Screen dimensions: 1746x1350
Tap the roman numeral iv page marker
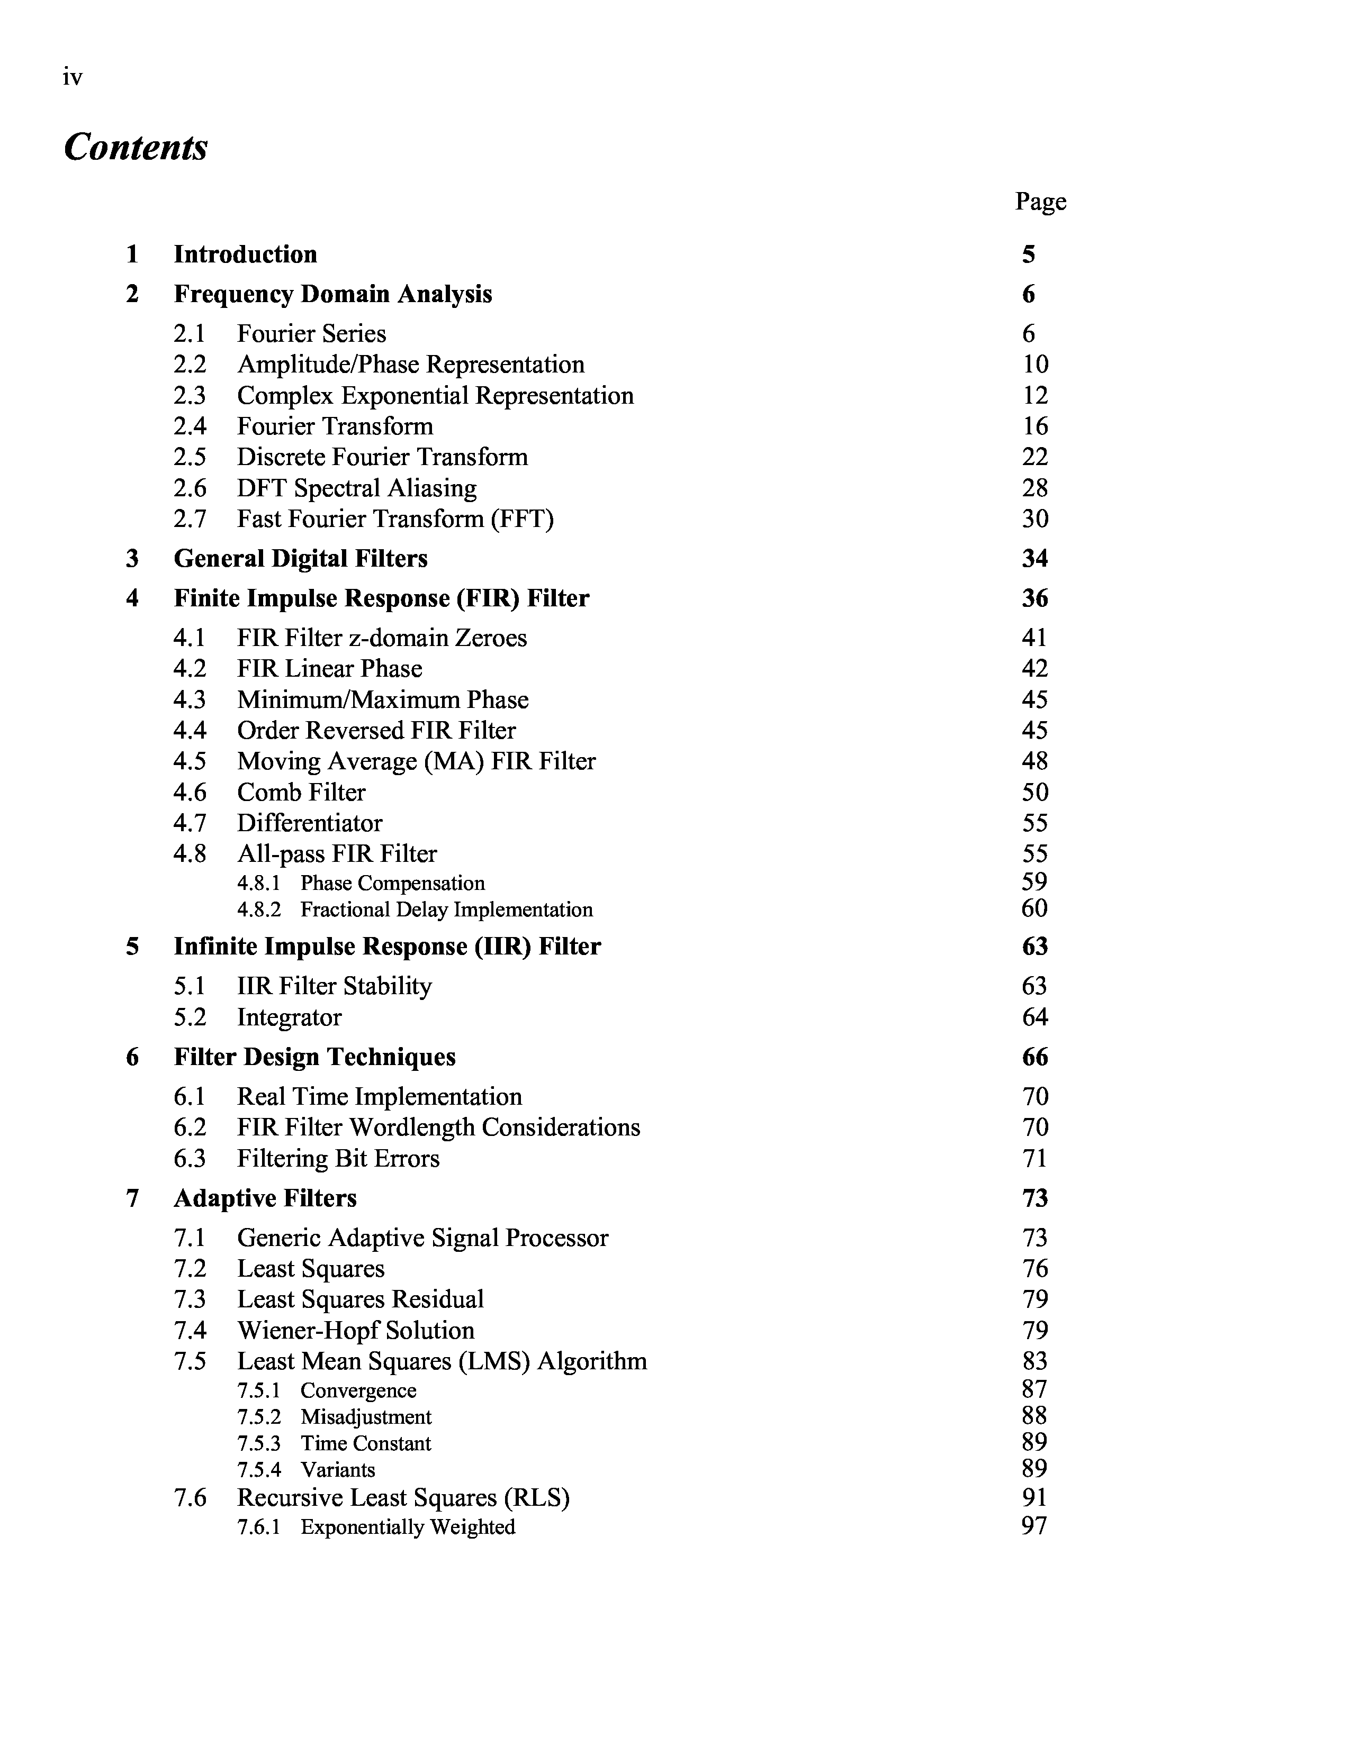tap(72, 78)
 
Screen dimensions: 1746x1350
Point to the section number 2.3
tap(190, 396)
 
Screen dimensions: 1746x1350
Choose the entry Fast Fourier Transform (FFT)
tap(395, 519)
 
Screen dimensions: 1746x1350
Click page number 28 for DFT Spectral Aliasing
tap(1035, 488)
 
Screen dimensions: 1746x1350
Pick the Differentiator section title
tap(310, 823)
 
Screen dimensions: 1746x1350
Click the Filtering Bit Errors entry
tap(338, 1158)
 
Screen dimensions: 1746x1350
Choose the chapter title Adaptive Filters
tap(265, 1197)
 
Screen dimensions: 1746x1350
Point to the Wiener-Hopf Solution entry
tap(355, 1330)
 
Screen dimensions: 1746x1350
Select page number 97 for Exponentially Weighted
tap(1034, 1526)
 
